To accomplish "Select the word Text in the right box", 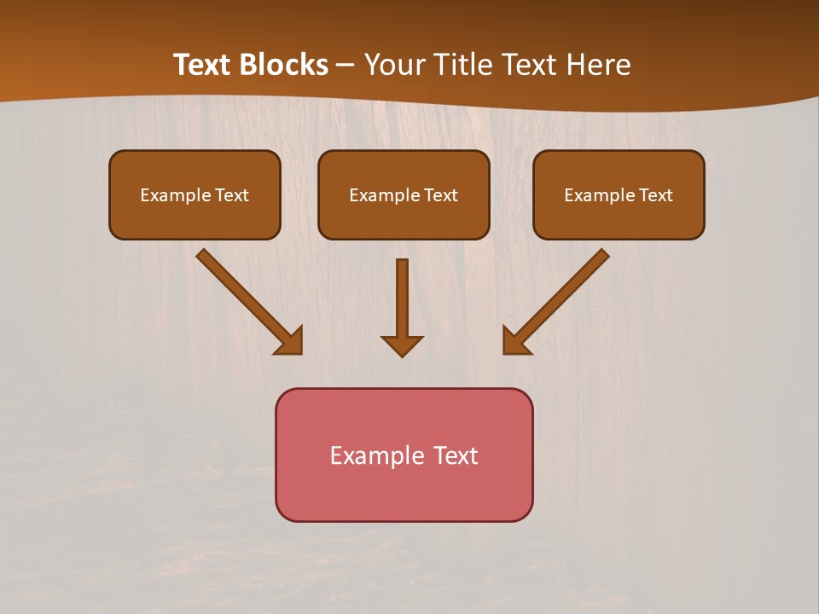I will coord(655,195).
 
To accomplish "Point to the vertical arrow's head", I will coord(402,345).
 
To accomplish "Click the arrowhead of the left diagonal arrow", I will coord(291,342).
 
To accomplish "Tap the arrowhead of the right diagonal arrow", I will coord(514,342).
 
